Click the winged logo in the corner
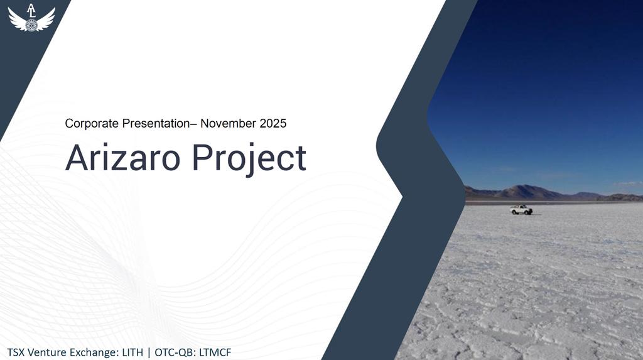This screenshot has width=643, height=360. click(x=31, y=18)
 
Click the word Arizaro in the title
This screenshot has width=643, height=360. click(x=122, y=158)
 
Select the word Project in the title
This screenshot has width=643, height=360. click(x=249, y=160)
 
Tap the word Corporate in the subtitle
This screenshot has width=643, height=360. click(x=92, y=123)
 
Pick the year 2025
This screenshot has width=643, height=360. click(x=273, y=123)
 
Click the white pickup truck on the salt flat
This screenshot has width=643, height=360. click(x=521, y=210)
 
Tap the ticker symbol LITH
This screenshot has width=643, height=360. click(x=132, y=352)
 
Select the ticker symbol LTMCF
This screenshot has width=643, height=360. click(x=215, y=352)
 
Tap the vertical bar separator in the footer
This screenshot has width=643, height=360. click(x=149, y=352)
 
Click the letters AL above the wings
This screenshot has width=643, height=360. click(x=31, y=11)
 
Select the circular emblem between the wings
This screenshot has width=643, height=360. click(x=31, y=25)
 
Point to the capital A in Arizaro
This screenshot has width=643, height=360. click(x=77, y=158)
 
